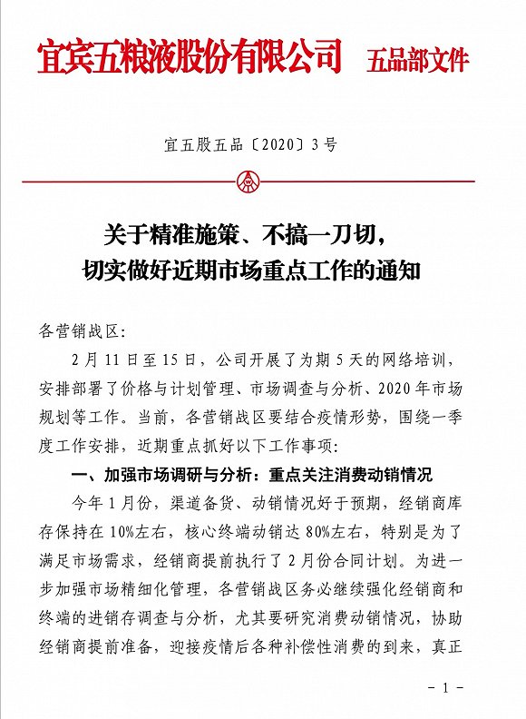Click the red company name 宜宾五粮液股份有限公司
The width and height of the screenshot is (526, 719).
tap(190, 57)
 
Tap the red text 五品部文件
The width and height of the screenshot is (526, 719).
tap(418, 61)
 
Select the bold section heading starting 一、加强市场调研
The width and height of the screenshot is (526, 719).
tap(254, 474)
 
